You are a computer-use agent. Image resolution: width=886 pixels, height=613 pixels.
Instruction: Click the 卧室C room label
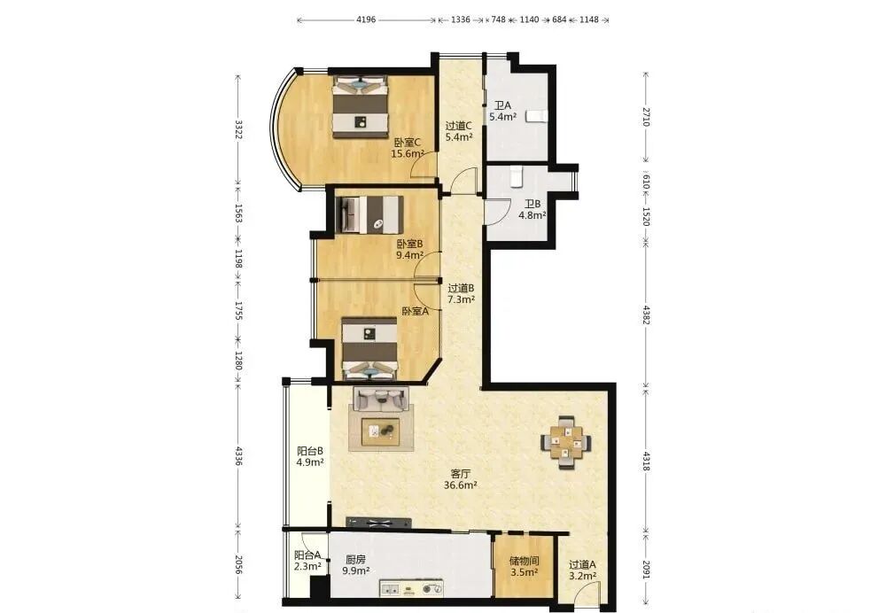[x=408, y=147]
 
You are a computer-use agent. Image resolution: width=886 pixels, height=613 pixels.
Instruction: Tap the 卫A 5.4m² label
[x=503, y=112]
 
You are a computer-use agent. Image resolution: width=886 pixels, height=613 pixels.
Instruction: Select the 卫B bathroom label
[x=532, y=209]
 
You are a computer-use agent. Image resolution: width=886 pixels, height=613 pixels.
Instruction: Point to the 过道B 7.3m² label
[x=461, y=294]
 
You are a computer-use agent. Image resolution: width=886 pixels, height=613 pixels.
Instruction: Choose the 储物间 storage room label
[x=524, y=566]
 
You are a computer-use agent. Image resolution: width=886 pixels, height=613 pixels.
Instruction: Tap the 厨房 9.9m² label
[x=356, y=565]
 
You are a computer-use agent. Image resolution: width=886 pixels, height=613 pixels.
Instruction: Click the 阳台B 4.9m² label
[x=310, y=456]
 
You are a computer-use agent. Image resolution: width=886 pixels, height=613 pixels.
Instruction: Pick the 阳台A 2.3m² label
[x=308, y=561]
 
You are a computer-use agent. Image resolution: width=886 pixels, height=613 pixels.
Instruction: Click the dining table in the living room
[x=567, y=442]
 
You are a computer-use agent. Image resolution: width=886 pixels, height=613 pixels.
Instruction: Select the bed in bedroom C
[x=361, y=107]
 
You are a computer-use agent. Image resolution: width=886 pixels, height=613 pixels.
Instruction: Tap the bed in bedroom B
[x=369, y=214]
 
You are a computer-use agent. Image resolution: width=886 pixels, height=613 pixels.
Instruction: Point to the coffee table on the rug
[x=381, y=431]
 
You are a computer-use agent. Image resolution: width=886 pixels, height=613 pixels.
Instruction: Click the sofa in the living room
[x=380, y=399]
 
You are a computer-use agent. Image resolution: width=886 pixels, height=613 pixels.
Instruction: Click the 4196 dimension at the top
[x=366, y=19]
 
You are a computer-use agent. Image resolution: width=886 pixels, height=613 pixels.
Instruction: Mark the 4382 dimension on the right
[x=647, y=314]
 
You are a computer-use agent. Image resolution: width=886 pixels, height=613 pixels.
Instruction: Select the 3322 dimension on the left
[x=238, y=129]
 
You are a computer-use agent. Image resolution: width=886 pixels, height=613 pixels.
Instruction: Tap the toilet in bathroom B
[x=517, y=176]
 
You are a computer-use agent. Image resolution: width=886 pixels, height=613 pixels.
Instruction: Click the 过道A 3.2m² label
[x=583, y=570]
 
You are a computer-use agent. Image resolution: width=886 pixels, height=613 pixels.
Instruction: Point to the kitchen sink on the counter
[x=391, y=589]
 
